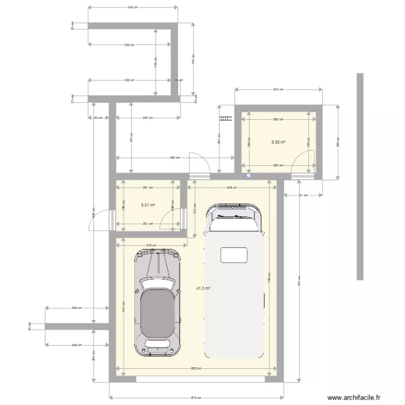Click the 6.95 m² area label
tap(279, 143)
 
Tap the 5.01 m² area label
tap(148, 205)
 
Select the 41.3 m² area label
tap(203, 288)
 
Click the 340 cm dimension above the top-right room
tap(278, 89)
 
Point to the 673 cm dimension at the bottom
tap(197, 399)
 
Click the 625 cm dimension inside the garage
tap(197, 369)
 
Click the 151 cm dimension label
tap(302, 195)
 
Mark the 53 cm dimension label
tap(98, 117)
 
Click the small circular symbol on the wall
tap(248, 175)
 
